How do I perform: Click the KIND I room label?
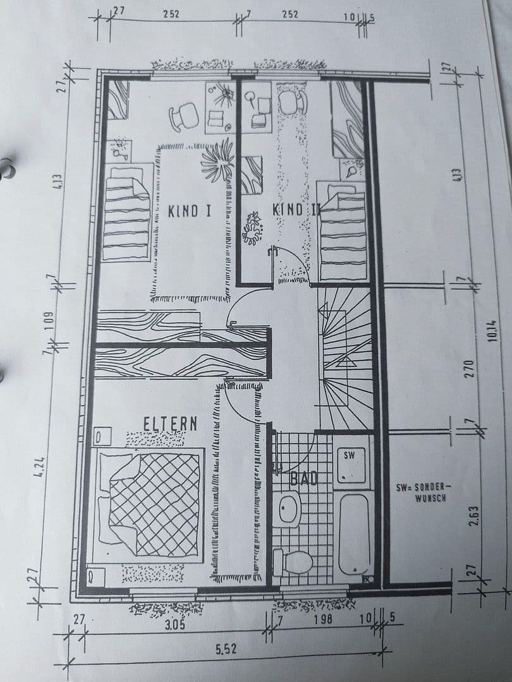click(x=189, y=211)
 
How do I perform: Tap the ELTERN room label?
click(x=170, y=423)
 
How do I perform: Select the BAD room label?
click(x=303, y=479)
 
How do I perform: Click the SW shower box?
click(x=350, y=464)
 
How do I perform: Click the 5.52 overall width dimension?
click(x=225, y=650)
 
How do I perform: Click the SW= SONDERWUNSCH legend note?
click(x=422, y=492)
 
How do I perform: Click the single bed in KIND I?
click(x=126, y=212)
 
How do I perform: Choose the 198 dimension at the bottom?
click(x=323, y=618)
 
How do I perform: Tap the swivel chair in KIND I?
click(x=184, y=116)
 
